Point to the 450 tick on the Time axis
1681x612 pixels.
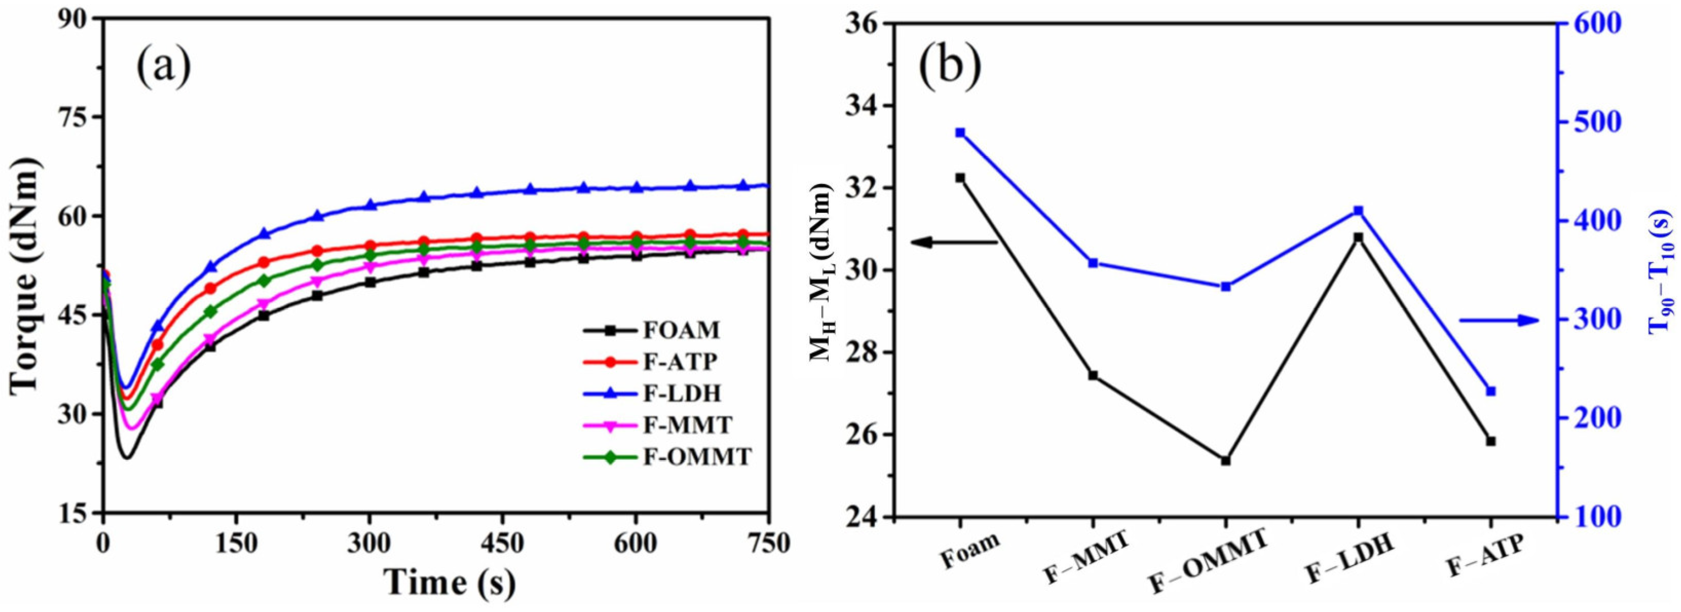(x=503, y=543)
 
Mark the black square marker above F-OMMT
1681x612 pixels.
(x=1226, y=461)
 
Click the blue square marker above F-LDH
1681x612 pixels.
(x=1359, y=229)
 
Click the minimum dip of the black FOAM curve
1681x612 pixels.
(x=127, y=457)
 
